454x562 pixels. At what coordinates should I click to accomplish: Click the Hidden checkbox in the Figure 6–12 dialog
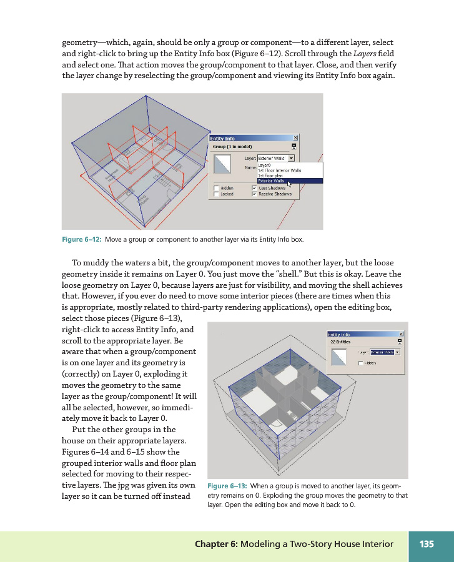coord(215,188)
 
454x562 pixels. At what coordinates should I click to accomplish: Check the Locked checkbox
coord(215,194)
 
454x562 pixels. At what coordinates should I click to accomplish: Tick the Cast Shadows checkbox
coord(254,188)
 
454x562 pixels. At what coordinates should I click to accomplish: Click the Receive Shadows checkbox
coord(254,194)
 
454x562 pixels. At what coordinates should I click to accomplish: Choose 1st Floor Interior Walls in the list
coord(279,170)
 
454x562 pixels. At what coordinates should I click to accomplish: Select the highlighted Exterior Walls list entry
coord(272,181)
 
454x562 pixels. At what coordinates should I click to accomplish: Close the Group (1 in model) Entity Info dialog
coord(295,138)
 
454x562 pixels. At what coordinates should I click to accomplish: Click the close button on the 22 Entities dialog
coord(401,334)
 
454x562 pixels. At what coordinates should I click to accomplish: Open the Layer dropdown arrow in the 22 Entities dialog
coord(397,352)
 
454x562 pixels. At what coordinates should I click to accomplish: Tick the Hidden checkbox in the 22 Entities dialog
coord(361,363)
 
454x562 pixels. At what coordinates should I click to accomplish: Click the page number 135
coord(427,544)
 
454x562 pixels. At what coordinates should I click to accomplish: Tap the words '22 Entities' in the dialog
coord(340,342)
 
